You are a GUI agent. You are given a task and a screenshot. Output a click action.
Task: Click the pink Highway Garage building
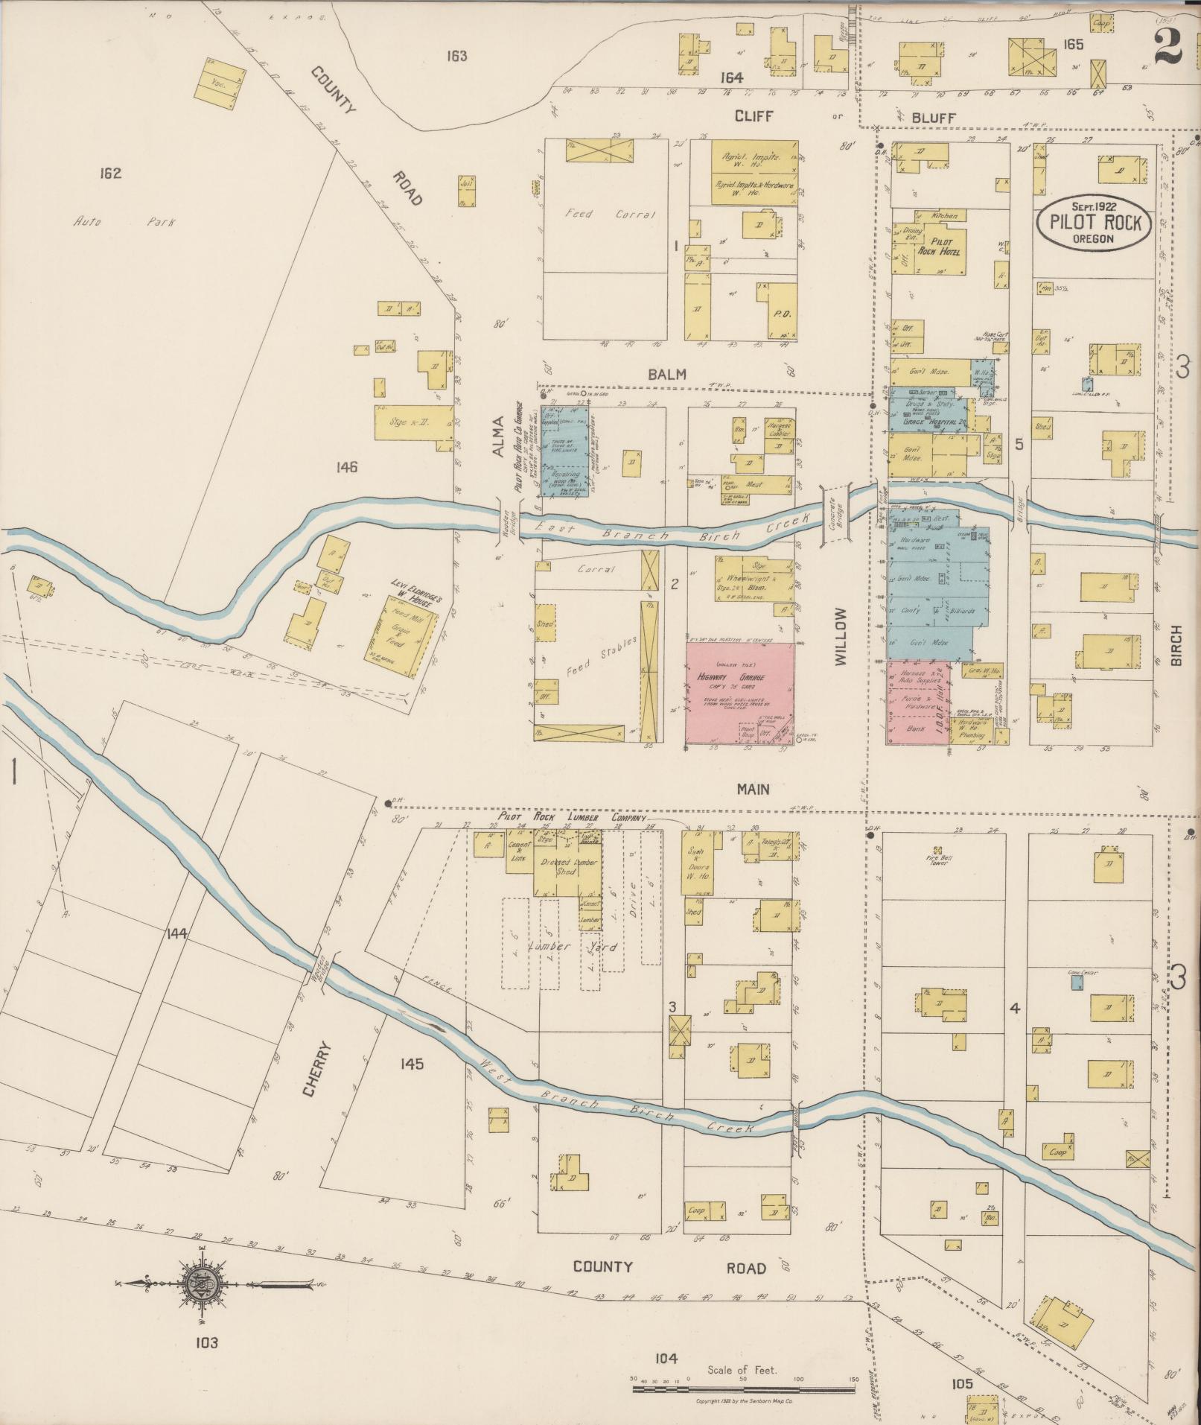click(x=739, y=693)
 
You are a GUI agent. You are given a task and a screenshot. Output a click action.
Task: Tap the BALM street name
click(x=666, y=375)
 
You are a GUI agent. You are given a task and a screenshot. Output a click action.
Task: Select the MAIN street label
click(x=754, y=789)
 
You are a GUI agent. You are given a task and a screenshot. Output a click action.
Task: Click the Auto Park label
click(x=124, y=222)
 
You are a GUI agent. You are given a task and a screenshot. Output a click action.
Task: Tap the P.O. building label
click(x=781, y=314)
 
